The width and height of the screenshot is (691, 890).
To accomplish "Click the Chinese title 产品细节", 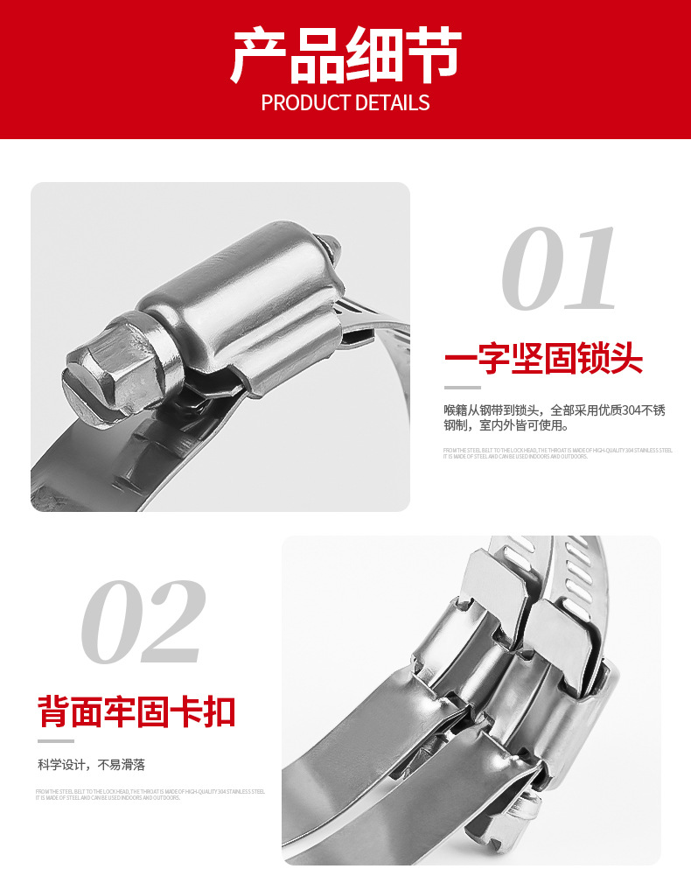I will point(345,58).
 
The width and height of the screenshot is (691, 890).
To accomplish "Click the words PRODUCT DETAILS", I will point(345,103).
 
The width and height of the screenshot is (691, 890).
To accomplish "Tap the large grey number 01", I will point(561,269).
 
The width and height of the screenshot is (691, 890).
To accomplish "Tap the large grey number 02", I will point(144,621).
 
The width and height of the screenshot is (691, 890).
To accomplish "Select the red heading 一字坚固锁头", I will point(543,359).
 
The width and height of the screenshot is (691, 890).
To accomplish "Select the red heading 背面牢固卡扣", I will point(137,711).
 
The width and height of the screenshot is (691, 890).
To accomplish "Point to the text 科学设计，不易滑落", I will point(91,765).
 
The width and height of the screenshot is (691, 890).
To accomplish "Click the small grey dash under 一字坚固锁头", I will point(462,387).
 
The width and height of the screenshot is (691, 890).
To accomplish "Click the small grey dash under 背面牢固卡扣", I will point(55,740).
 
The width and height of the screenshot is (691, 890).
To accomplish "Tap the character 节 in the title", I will point(432,58).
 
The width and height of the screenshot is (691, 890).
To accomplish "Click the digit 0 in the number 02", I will point(113,621).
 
